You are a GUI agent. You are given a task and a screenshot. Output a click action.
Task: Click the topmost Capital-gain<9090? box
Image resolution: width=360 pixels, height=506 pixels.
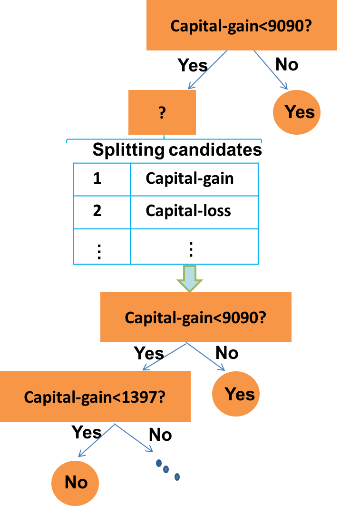click(x=242, y=25)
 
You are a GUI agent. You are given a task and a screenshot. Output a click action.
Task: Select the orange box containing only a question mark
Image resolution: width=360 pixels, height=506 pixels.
click(x=162, y=113)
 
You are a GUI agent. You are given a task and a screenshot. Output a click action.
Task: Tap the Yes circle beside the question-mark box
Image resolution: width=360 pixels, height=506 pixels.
click(x=297, y=112)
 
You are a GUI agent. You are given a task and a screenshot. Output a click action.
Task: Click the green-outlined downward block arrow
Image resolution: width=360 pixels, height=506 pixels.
click(x=190, y=278)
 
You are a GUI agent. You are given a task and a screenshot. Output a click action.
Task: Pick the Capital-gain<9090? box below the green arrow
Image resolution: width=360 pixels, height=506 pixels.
click(x=195, y=317)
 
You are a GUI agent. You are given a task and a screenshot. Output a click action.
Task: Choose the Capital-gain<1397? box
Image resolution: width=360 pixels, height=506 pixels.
click(x=95, y=397)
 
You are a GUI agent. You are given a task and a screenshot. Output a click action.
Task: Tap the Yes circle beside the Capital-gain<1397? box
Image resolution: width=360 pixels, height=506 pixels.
click(x=236, y=394)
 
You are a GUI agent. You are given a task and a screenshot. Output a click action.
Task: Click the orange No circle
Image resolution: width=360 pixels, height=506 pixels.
click(x=75, y=483)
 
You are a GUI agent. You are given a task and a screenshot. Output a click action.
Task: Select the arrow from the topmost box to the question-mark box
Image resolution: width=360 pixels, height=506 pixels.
click(x=207, y=69)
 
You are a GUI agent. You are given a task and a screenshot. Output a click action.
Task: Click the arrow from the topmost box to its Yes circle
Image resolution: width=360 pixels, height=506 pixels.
click(x=271, y=69)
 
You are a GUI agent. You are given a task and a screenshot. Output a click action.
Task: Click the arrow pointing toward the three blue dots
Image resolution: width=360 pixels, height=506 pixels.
click(x=134, y=438)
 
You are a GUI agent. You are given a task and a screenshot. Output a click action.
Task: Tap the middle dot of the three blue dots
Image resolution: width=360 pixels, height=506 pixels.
click(x=166, y=470)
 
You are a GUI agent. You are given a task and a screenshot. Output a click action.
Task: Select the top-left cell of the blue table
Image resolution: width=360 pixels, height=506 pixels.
click(x=102, y=179)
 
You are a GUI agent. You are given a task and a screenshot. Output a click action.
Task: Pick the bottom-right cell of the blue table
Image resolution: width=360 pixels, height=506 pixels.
click(x=194, y=246)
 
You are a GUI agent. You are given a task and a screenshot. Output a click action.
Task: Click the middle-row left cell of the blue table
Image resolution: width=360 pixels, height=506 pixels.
click(x=102, y=212)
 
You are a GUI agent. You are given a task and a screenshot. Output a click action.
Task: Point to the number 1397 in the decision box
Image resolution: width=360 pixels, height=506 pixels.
click(x=141, y=397)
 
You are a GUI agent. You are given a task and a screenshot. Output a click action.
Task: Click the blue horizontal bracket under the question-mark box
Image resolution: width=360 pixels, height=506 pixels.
click(x=164, y=140)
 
